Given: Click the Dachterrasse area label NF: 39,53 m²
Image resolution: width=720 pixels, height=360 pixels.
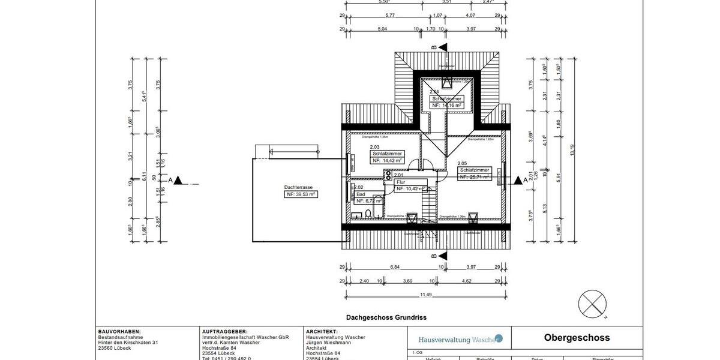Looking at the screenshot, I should point(301,194).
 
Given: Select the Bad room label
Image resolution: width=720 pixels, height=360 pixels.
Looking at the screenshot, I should point(361,194).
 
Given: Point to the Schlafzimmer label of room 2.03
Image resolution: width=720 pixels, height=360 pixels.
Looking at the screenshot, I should point(387,154).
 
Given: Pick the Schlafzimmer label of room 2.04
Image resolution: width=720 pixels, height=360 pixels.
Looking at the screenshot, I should point(447,98).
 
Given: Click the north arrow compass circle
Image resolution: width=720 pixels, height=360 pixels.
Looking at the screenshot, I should point(592,302).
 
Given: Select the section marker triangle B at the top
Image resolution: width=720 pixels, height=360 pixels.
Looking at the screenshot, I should point(442,47).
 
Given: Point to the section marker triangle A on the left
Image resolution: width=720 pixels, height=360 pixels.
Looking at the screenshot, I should point(178,180).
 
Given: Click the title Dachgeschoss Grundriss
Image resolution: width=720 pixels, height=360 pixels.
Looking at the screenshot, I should point(386,317).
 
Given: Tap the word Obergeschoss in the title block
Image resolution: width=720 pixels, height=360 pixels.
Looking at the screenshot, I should point(577,338).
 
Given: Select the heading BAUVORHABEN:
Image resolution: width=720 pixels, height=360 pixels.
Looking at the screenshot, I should point(119,331).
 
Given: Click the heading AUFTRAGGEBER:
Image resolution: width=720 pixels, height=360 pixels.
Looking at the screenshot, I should point(225,331).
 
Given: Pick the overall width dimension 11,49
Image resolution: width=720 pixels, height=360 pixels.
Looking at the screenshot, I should point(426,294).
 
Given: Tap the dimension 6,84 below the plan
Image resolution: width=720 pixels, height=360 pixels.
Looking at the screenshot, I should point(395,266).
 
